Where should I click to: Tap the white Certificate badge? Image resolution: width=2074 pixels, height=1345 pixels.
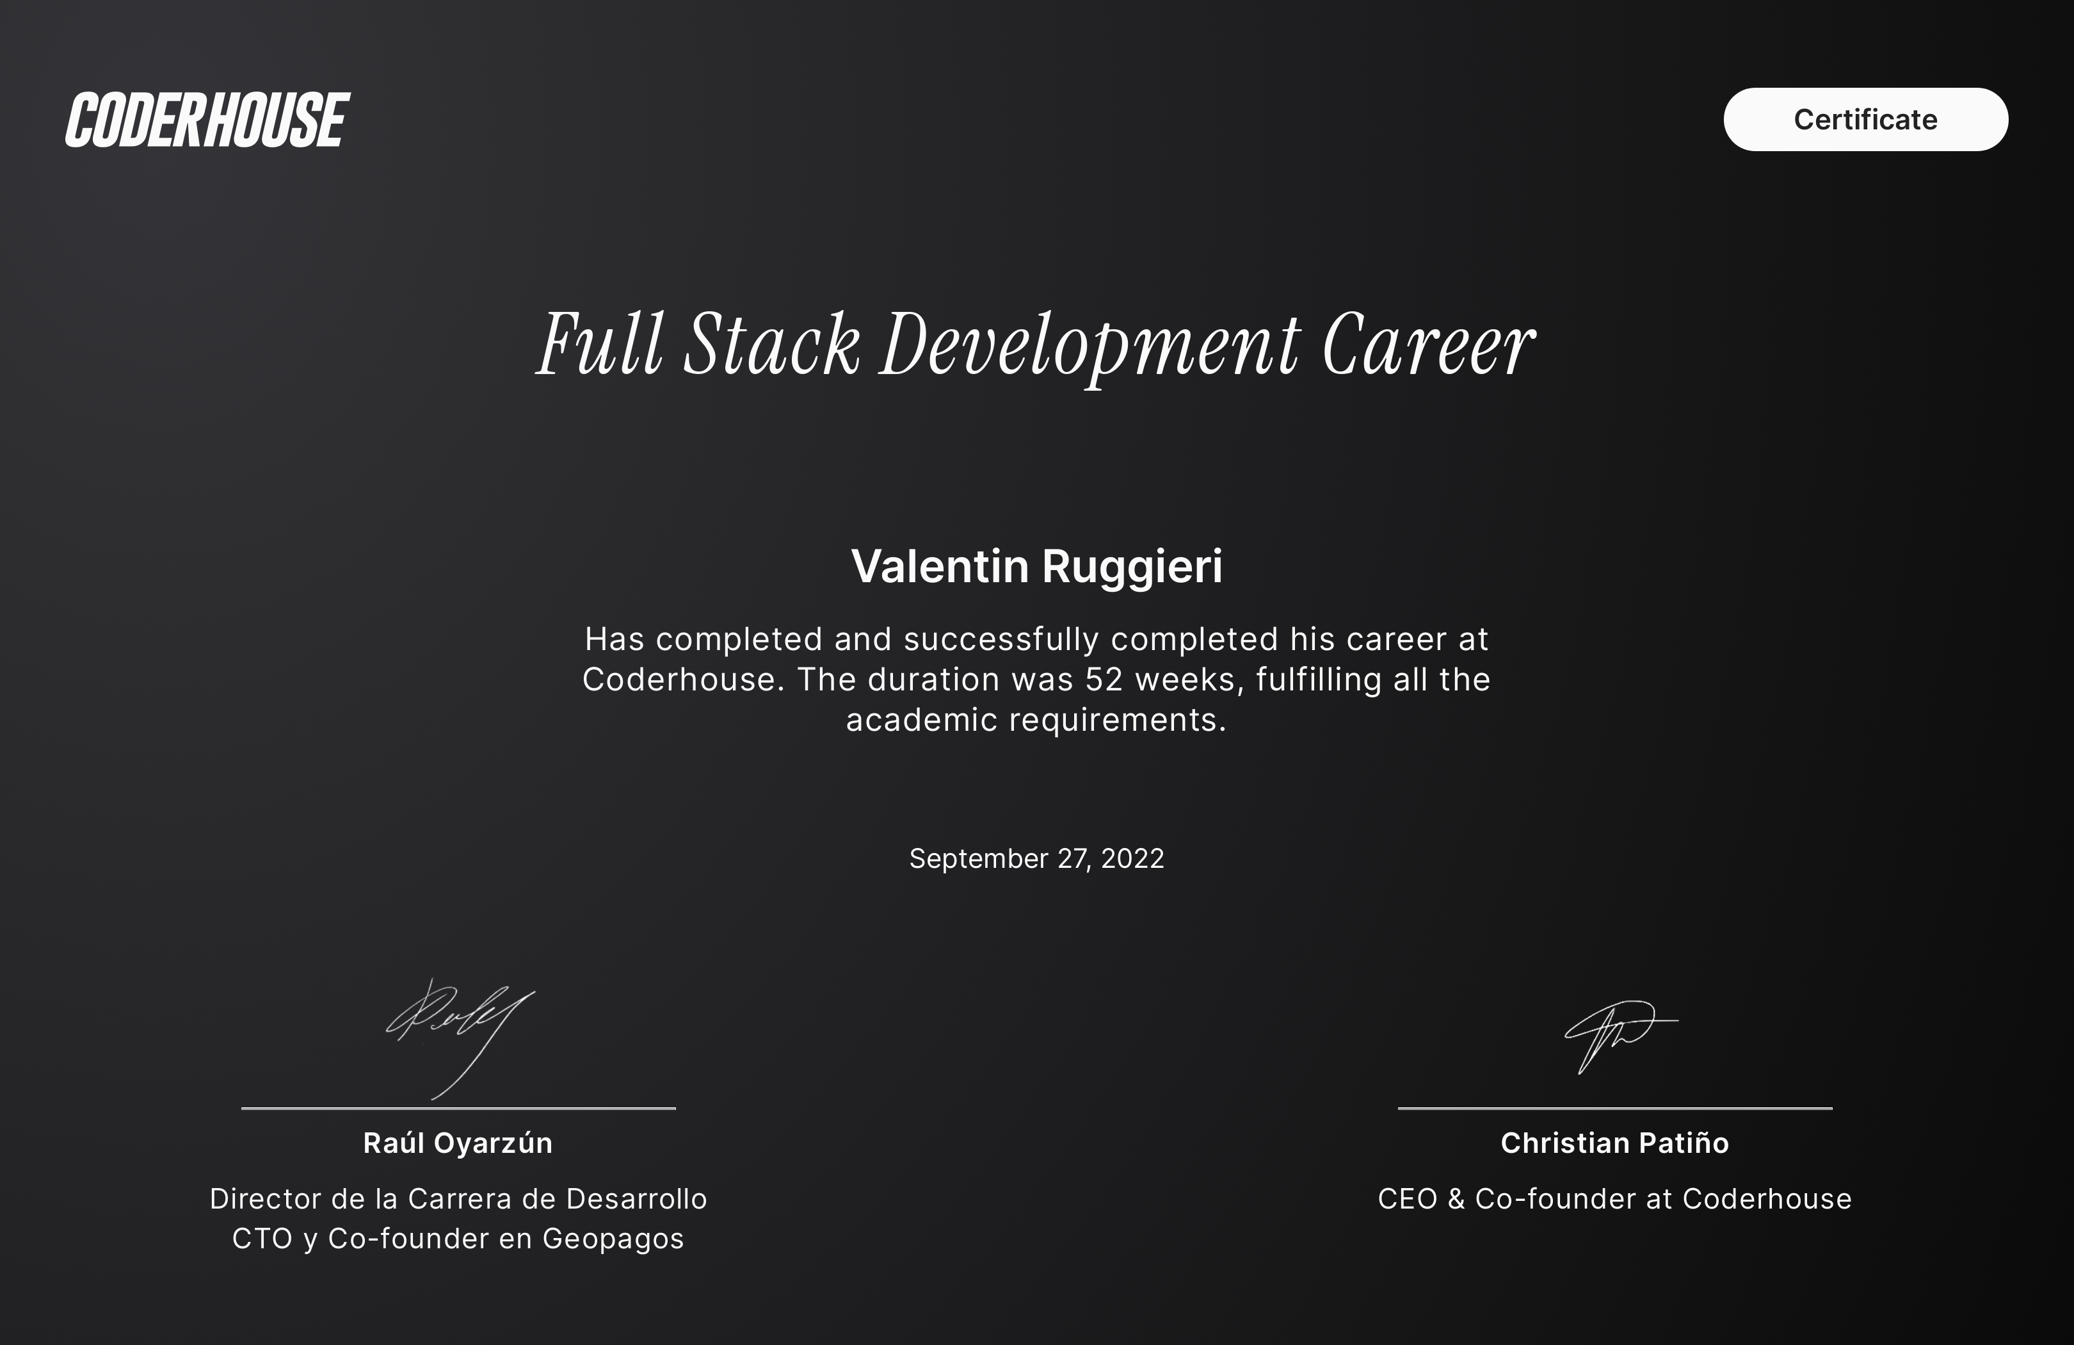point(1866,119)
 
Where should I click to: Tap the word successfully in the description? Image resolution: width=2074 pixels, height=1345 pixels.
point(1001,640)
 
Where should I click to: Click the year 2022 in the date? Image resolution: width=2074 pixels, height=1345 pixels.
point(1132,859)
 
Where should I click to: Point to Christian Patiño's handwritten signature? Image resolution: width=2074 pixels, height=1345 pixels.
point(1620,1036)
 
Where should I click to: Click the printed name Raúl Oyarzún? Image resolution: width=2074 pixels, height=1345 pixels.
point(458,1143)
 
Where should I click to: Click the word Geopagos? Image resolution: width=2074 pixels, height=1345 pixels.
point(613,1239)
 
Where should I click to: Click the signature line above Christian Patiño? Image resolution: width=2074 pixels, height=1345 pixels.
point(1615,1108)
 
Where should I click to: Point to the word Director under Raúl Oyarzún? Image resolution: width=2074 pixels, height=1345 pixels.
point(266,1198)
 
